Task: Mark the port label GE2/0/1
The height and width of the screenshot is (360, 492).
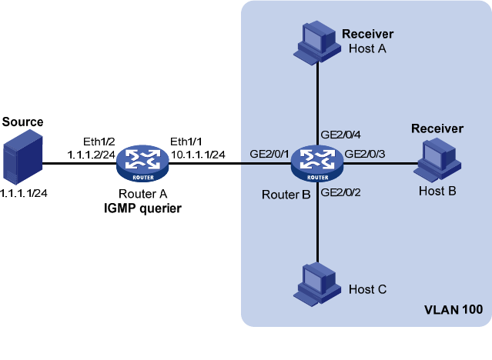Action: (269, 154)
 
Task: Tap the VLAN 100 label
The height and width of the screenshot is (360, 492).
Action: (454, 311)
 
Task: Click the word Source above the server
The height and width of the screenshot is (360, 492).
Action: (23, 122)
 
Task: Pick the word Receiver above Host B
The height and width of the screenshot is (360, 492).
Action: (437, 128)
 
